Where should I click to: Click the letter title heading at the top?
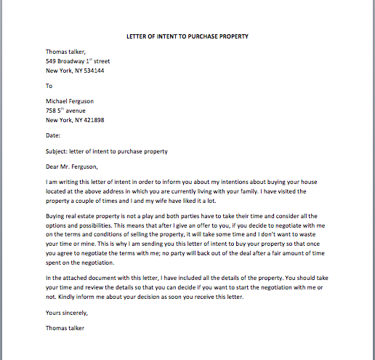[x=187, y=36]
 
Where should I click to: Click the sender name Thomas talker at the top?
[x=65, y=52]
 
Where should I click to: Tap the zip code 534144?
[x=93, y=71]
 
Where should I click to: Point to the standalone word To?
[x=49, y=86]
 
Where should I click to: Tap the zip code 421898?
[x=93, y=120]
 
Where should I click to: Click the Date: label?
[x=52, y=135]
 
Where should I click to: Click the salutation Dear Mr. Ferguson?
[x=73, y=167]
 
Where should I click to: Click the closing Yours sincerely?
[x=66, y=313]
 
